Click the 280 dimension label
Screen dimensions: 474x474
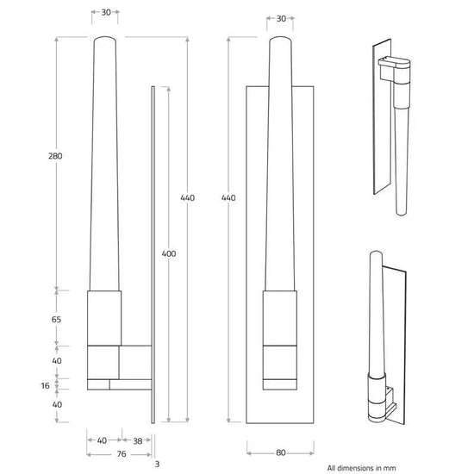click(x=55, y=156)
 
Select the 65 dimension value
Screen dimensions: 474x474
click(x=56, y=319)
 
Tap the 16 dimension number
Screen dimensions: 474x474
click(x=45, y=386)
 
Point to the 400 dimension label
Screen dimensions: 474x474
click(x=169, y=253)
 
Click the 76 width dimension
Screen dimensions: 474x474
click(x=122, y=453)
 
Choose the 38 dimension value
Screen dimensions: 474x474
click(x=138, y=440)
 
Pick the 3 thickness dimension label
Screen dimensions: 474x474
click(x=157, y=464)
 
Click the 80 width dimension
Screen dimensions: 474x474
click(x=281, y=452)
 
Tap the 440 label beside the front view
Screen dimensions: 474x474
click(x=228, y=197)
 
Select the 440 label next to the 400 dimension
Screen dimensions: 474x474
click(x=187, y=197)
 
